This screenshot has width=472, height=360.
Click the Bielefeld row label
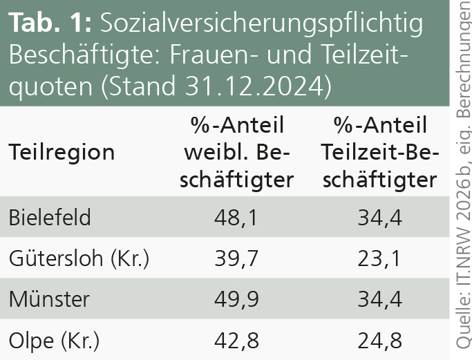point(50,217)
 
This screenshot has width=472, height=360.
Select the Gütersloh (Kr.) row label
point(79,258)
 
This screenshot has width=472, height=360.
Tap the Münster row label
point(49,300)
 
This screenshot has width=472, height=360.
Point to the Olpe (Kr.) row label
point(55,341)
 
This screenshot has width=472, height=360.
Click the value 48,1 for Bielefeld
point(238,218)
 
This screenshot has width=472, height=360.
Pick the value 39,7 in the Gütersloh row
point(238,259)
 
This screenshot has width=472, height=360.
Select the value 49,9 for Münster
point(238,300)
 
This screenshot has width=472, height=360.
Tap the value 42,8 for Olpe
point(238,341)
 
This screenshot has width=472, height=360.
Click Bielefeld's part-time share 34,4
point(380,218)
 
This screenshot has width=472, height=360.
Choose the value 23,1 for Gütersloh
point(380,259)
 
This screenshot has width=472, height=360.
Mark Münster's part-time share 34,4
point(380,300)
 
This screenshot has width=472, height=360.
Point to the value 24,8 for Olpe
point(380,341)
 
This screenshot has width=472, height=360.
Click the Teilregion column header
point(62,152)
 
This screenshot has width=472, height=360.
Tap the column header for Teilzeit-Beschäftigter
point(380,152)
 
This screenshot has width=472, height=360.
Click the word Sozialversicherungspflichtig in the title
point(261,23)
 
